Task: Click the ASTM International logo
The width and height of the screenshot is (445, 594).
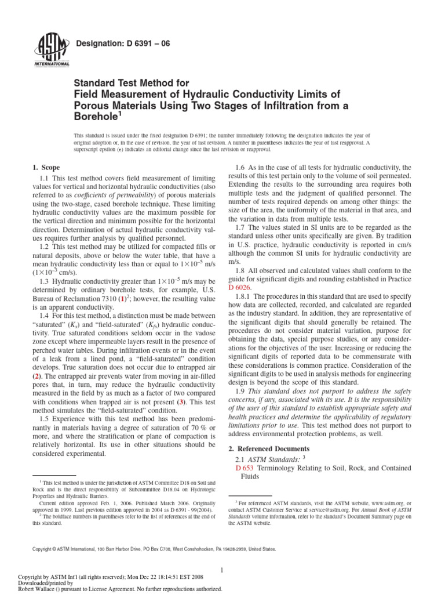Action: point(53,50)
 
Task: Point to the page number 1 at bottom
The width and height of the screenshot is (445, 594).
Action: point(222,571)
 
